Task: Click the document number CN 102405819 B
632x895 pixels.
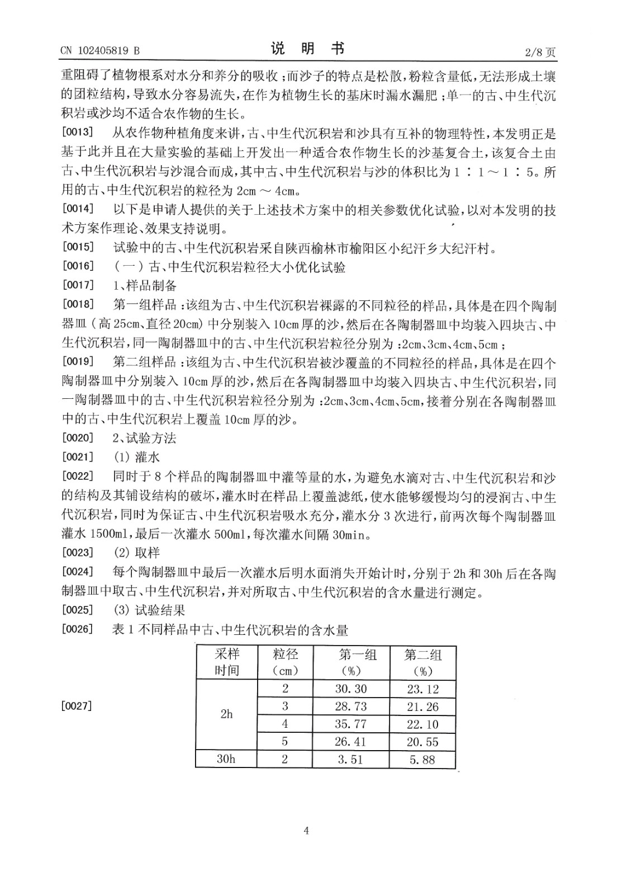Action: (x=100, y=51)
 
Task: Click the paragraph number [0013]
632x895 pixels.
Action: (x=78, y=134)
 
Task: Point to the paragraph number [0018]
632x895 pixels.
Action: (x=78, y=305)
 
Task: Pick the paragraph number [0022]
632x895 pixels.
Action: (x=78, y=477)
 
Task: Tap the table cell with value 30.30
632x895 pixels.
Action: (x=351, y=689)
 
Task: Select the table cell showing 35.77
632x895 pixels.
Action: (x=351, y=724)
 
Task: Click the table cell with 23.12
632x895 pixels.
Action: (x=423, y=689)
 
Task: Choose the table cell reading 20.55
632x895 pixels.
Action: (x=423, y=742)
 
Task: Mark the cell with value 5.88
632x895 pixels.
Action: (x=423, y=760)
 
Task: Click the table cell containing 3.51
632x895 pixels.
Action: (x=351, y=760)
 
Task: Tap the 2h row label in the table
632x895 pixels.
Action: (x=226, y=714)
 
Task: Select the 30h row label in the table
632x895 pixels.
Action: (x=226, y=760)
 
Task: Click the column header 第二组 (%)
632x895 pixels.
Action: (x=423, y=662)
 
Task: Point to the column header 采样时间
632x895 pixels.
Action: (x=227, y=662)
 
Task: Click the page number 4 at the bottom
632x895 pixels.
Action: (x=306, y=831)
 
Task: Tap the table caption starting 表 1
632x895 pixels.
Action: (x=230, y=630)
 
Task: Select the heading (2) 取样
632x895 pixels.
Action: (x=136, y=553)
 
